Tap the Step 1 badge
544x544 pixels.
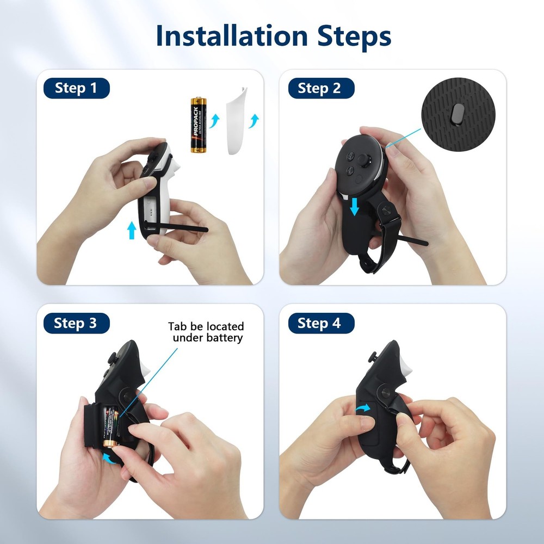[76, 88]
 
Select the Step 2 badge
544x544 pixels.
[319, 88]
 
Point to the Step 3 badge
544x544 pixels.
[76, 324]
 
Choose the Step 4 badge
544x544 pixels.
[319, 324]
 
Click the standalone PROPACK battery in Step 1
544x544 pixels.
[197, 125]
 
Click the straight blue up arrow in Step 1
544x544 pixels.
[131, 230]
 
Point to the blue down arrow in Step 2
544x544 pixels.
[355, 206]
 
